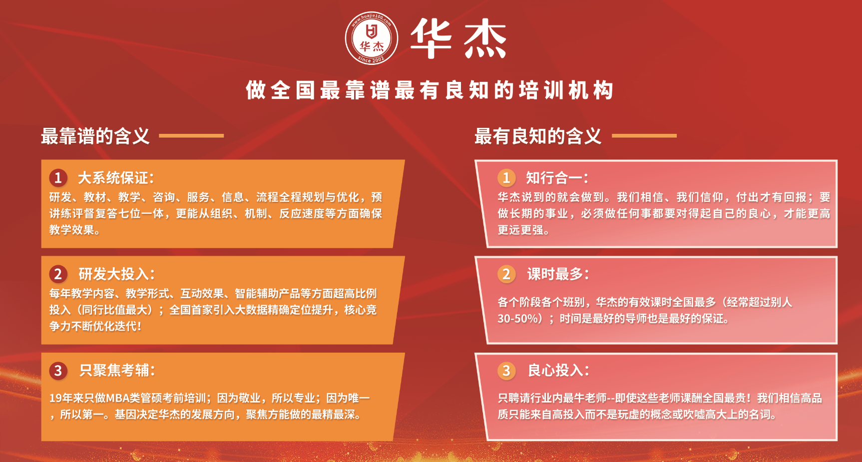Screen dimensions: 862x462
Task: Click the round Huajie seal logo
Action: (x=372, y=38)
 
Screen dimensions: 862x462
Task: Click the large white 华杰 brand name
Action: (x=458, y=38)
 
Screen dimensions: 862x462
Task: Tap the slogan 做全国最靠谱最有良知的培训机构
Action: (x=430, y=90)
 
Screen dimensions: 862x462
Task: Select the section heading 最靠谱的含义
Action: (x=95, y=136)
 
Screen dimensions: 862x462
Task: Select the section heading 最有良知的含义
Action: (x=538, y=136)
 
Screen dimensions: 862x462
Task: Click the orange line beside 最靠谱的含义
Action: (x=191, y=135)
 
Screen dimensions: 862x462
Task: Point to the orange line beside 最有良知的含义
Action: (x=644, y=135)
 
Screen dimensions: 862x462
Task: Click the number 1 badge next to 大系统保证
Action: (x=58, y=177)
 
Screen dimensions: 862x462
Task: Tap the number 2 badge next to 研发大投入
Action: (x=58, y=274)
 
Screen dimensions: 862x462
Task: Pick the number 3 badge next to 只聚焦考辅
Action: (x=58, y=370)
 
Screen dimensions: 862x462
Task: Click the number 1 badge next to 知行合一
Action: (x=506, y=177)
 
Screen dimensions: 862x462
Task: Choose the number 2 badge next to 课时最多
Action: (x=506, y=274)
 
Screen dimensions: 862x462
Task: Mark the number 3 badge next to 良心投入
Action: (x=506, y=370)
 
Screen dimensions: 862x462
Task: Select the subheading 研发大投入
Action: (x=117, y=274)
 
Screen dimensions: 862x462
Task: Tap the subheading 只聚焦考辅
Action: (x=117, y=371)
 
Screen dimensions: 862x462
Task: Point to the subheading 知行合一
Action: (x=557, y=178)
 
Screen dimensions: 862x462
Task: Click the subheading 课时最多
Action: (x=558, y=274)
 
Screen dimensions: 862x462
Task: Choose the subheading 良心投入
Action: (x=559, y=371)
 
